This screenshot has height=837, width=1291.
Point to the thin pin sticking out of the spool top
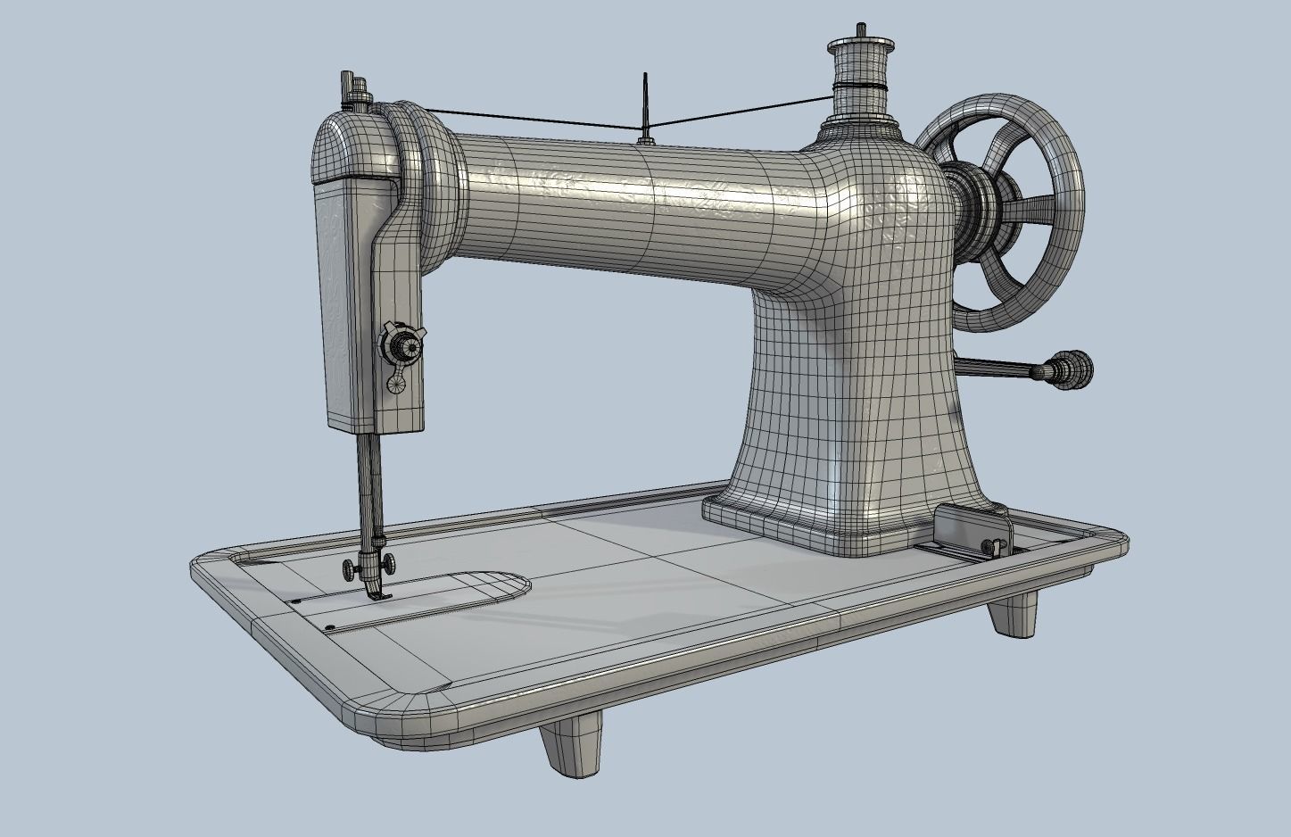pos(861,30)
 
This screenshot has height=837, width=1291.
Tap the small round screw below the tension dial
pos(395,383)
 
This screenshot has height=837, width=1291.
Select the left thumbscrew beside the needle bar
pos(346,568)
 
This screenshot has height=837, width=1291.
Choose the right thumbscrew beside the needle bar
pos(390,565)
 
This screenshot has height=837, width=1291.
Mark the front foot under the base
pos(571,748)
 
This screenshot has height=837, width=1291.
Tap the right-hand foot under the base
pos(1014,615)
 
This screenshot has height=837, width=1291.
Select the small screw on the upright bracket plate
pos(989,545)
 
